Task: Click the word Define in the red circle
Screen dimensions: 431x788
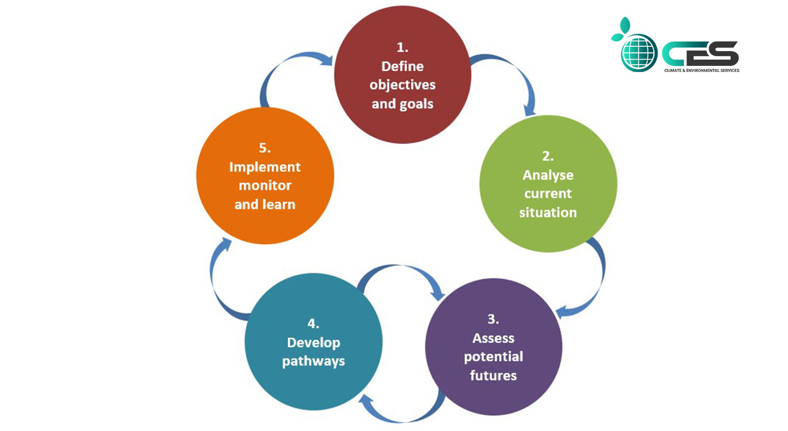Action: point(403,66)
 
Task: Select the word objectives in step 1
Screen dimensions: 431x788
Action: point(403,84)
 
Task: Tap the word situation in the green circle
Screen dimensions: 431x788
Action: point(548,212)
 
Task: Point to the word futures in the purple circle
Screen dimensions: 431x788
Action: point(493,375)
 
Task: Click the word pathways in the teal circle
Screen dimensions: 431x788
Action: point(313,361)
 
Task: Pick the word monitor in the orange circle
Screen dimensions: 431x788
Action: point(265,185)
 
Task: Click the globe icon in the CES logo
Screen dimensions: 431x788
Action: point(638,52)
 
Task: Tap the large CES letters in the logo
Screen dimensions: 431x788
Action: point(701,54)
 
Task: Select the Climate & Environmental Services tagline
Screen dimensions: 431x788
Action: point(701,71)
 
